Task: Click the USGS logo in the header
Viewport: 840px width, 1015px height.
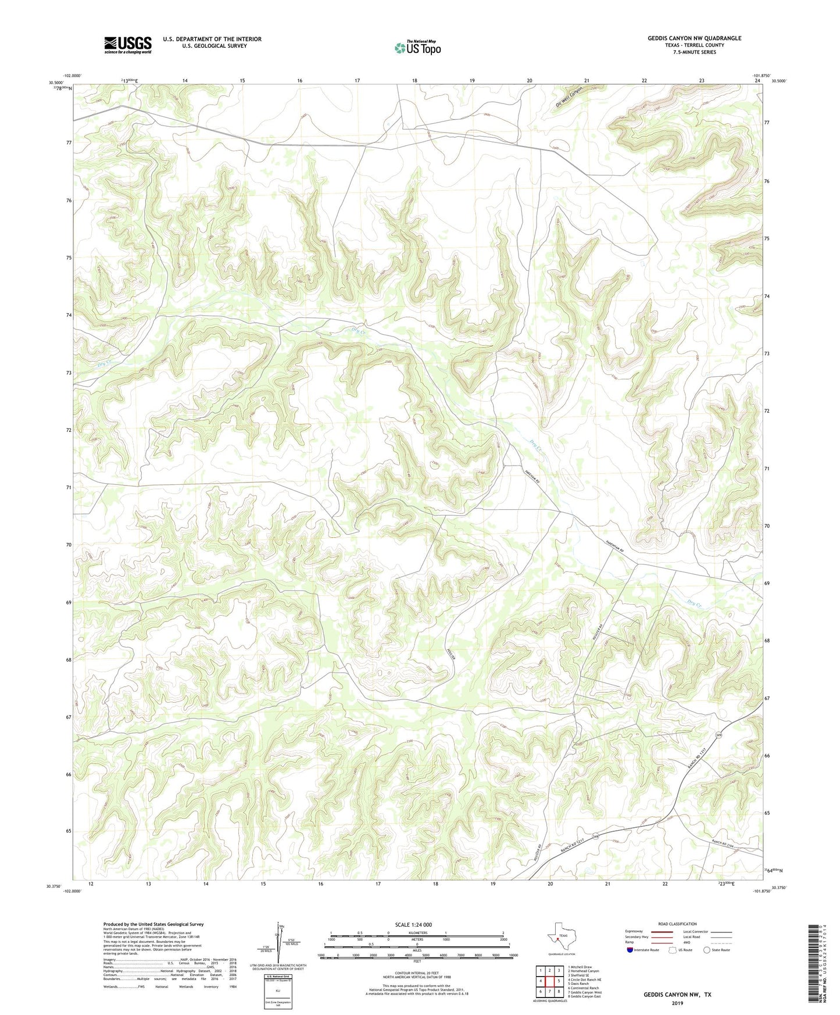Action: point(128,45)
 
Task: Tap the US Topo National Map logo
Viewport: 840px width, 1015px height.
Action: point(417,47)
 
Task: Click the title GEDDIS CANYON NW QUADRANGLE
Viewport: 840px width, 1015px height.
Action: point(694,38)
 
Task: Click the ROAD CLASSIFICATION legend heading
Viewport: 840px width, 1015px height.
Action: point(677,924)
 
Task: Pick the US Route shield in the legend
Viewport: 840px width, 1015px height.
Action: point(673,950)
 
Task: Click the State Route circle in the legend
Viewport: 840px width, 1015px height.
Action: point(707,950)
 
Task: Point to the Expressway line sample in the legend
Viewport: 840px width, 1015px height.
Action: point(663,931)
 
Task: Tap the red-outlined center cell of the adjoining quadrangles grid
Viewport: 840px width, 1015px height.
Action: point(549,981)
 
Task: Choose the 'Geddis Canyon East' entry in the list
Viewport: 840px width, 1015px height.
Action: point(584,996)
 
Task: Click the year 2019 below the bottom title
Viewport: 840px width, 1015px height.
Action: point(677,1003)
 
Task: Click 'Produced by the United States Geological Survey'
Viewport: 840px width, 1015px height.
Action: point(153,924)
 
